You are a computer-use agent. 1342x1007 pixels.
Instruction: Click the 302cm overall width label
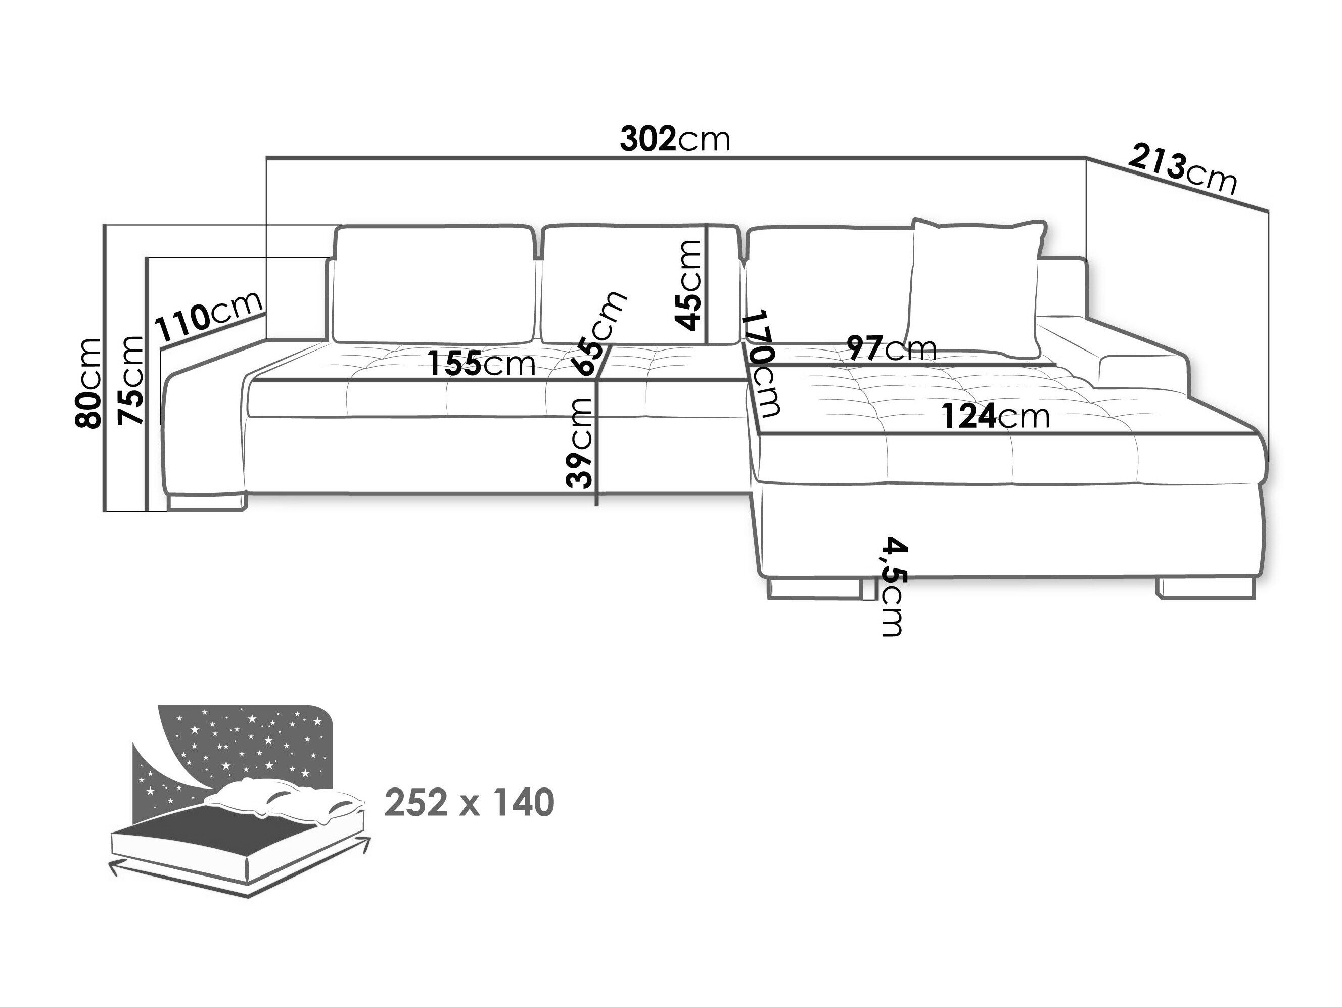pos(675,140)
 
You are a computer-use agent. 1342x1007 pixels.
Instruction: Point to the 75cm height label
pos(131,380)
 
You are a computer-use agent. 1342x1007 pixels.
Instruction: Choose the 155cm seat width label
pos(482,364)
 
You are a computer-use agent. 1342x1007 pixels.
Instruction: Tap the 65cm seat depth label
pos(599,333)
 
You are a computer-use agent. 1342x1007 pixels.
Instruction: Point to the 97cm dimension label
pos(892,348)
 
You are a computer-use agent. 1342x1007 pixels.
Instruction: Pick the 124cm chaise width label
pos(995,416)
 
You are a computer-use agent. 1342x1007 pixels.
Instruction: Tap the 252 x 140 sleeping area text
pos(470,803)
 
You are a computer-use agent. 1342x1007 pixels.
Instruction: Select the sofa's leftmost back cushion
pos(433,283)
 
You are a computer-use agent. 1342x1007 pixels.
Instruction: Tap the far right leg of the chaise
pos(1206,588)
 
